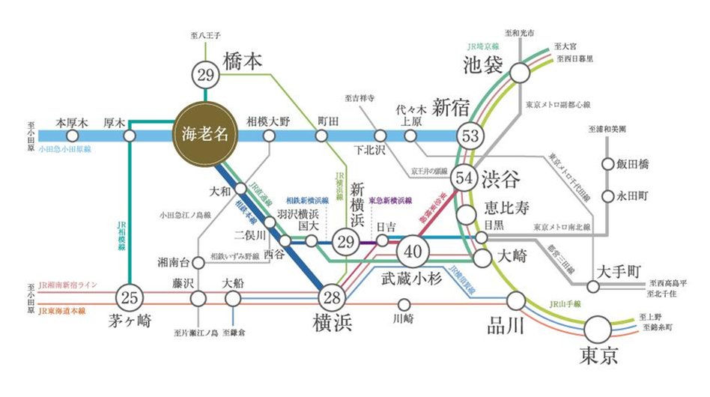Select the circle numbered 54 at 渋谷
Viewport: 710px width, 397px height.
pos(464,178)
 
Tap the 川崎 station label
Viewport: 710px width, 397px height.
pos(404,320)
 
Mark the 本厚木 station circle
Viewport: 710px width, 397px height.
pos(73,136)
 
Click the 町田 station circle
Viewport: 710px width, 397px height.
pos(322,136)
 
